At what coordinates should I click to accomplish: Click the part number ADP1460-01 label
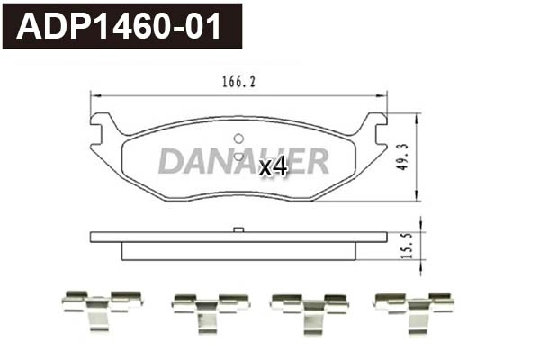121,27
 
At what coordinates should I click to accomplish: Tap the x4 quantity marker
273,166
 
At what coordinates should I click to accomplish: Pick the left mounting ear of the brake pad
103,126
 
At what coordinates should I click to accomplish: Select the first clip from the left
102,310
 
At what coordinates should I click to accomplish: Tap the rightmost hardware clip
413,310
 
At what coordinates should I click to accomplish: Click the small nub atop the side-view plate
238,230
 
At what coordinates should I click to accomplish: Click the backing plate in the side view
238,238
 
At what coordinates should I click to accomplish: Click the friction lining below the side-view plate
238,251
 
